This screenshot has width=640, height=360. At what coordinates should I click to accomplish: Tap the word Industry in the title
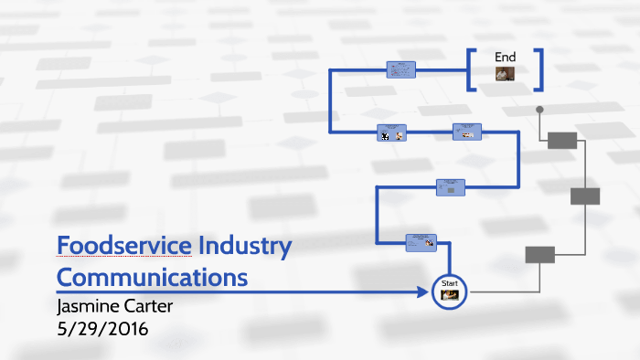click(244, 246)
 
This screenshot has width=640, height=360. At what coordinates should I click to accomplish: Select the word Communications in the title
click(152, 275)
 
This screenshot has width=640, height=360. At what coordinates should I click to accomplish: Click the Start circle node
click(449, 291)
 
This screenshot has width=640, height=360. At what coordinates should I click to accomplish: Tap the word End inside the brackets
click(506, 57)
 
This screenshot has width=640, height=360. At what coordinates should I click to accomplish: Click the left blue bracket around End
click(471, 69)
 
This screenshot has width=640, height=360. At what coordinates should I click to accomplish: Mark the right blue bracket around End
click(540, 69)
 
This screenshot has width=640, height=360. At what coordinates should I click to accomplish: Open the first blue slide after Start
click(421, 242)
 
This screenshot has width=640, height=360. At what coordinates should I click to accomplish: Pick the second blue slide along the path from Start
click(451, 186)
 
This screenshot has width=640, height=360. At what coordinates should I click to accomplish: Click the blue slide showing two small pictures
click(391, 133)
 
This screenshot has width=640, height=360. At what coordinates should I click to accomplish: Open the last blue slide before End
click(400, 69)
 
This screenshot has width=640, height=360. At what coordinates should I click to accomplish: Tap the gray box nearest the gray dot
click(562, 140)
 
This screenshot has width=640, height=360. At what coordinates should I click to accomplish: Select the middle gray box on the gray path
click(585, 196)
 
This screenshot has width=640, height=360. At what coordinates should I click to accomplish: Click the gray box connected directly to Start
click(539, 255)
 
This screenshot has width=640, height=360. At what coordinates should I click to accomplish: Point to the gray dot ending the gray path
click(539, 110)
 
